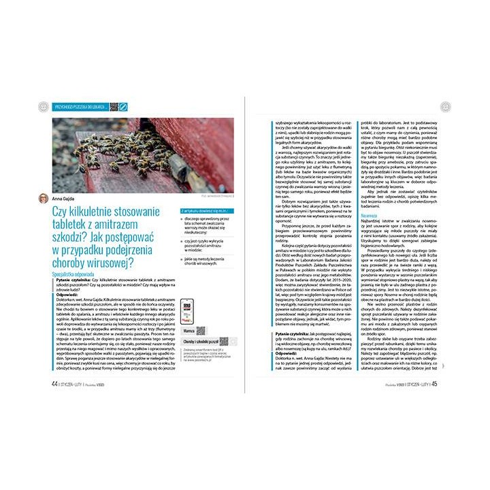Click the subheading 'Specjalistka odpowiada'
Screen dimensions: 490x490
pyautogui.click(x=75, y=272)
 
